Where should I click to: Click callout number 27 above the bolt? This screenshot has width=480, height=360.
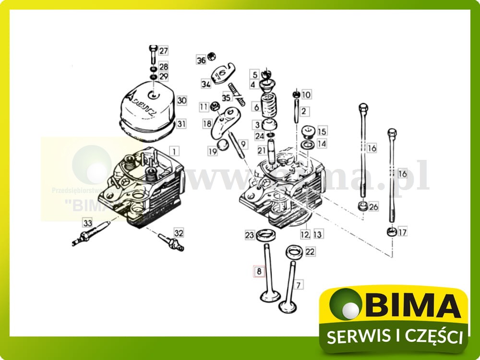tap(164, 51)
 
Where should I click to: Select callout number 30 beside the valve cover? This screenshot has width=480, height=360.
tap(181, 100)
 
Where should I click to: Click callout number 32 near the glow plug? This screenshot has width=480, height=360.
tap(179, 233)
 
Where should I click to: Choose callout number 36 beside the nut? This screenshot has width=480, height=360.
tap(201, 60)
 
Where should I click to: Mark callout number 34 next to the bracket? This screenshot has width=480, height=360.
tap(206, 84)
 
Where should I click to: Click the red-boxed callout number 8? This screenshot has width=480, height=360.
tap(259, 272)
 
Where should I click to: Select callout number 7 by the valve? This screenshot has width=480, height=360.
tap(299, 285)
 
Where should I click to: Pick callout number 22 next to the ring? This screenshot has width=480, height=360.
tap(310, 252)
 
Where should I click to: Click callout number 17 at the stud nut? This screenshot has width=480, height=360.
tap(402, 232)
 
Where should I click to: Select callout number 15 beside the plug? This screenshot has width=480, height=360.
tap(322, 131)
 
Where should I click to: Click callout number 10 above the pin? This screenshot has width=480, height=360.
tap(306, 95)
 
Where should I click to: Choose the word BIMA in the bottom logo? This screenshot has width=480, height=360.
tap(412, 306)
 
